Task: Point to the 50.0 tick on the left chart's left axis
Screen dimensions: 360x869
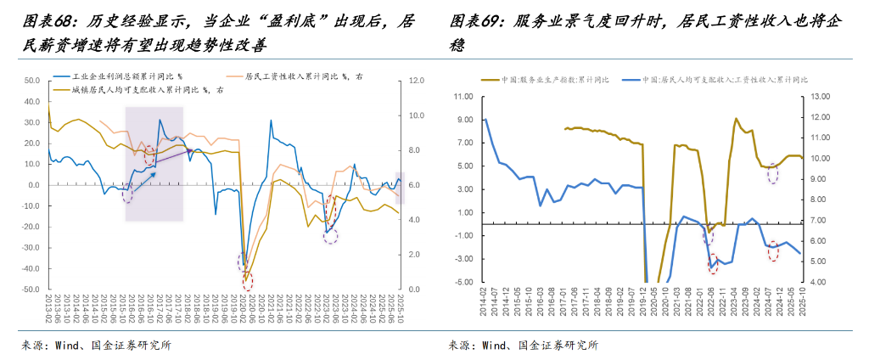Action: tap(31, 81)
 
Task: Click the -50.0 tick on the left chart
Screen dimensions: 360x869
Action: tap(30, 290)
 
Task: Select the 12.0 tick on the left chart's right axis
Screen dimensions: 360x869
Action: tap(416, 81)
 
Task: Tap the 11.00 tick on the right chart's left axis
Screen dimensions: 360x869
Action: tap(463, 97)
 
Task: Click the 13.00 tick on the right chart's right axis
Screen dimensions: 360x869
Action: tap(821, 97)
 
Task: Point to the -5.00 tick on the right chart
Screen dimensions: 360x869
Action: tap(463, 283)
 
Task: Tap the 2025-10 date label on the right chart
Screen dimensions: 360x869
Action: tap(800, 302)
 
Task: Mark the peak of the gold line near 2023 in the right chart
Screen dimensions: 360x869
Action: tap(736, 119)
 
